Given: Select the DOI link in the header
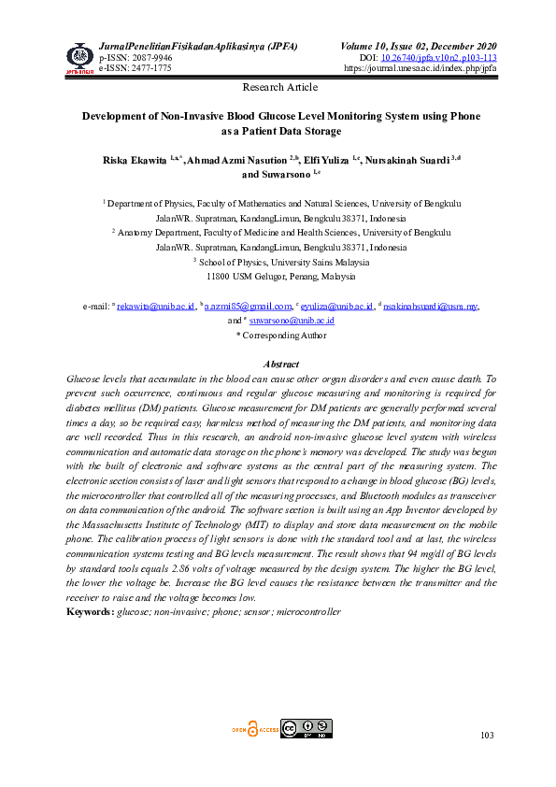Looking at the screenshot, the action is point(445,57).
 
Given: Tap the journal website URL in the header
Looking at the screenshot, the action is point(421,68).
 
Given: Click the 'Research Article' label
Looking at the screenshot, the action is point(279,87).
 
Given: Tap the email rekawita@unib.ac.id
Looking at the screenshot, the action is point(155,306).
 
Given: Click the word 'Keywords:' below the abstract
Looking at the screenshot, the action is point(90,612).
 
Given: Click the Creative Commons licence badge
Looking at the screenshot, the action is point(307,729).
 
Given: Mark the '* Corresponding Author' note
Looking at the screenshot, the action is point(280,334).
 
